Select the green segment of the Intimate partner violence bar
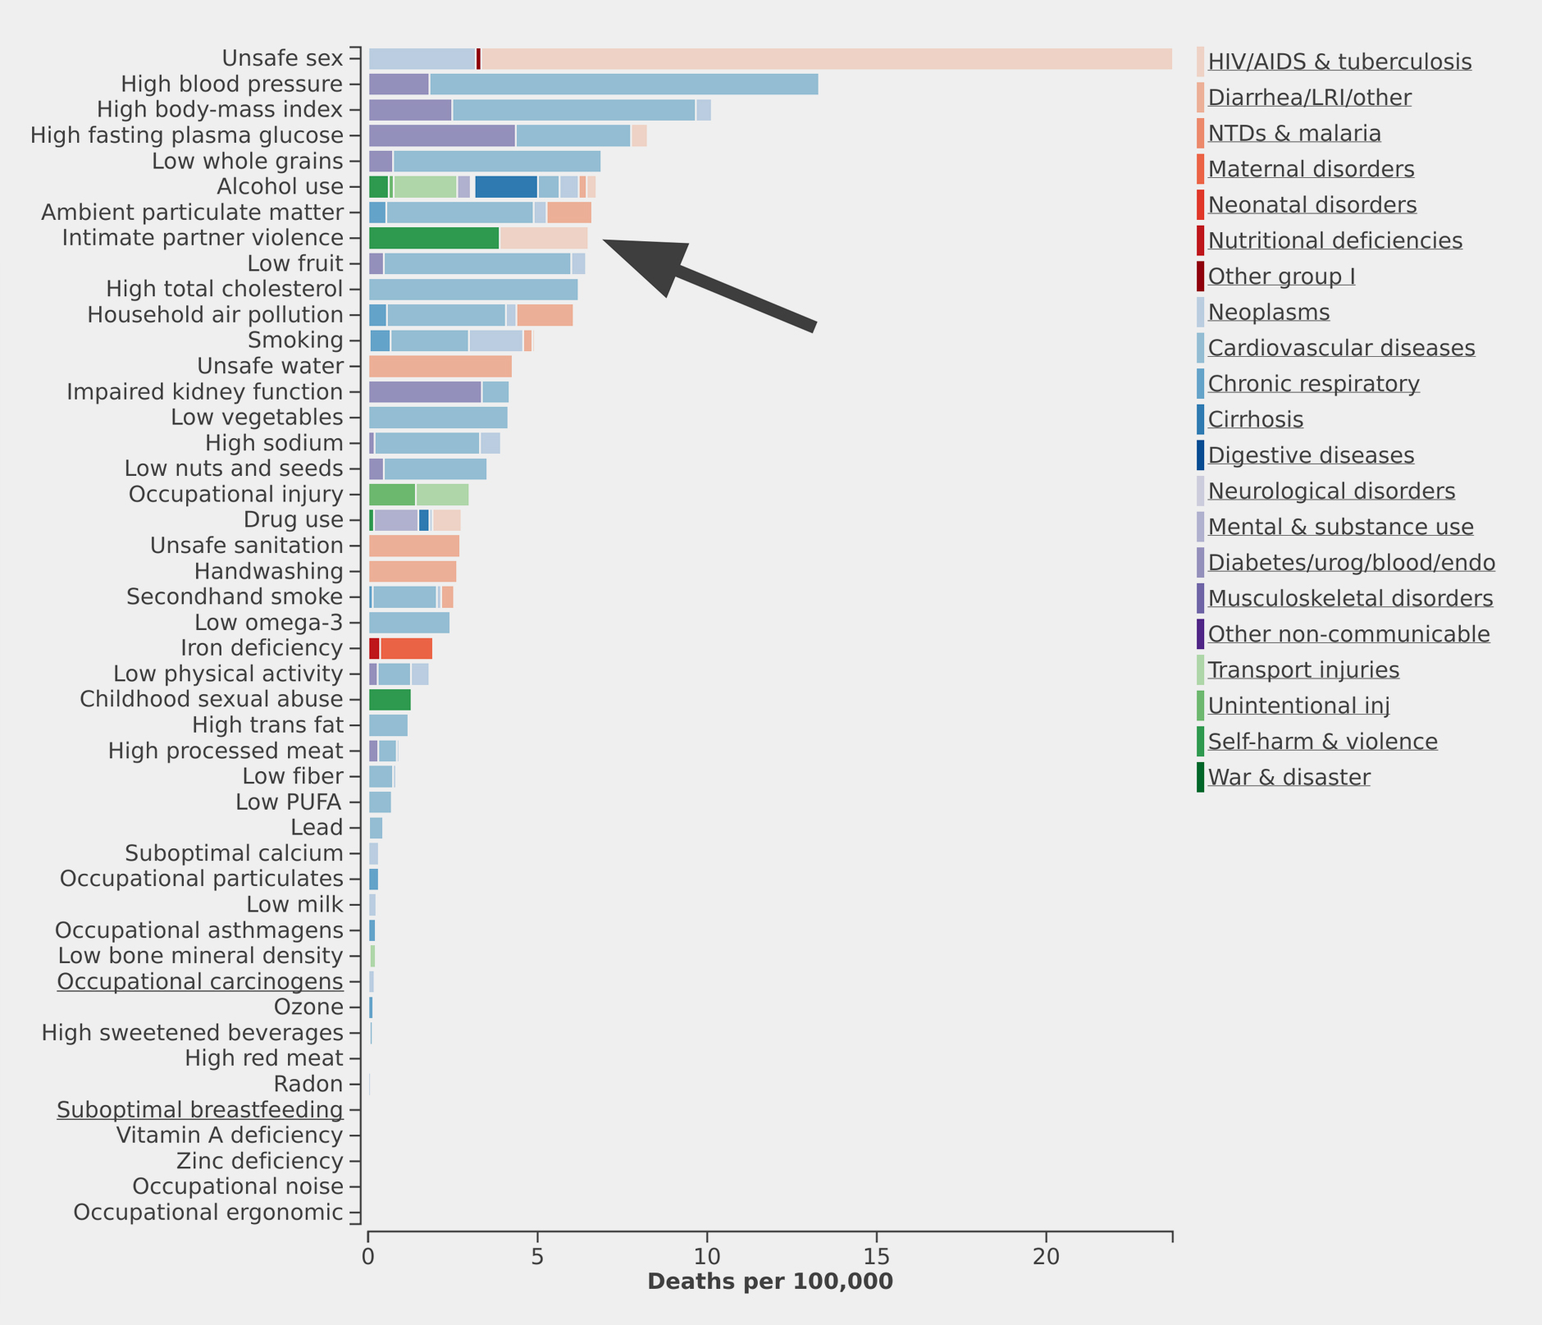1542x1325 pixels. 434,238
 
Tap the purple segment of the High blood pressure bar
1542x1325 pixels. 399,84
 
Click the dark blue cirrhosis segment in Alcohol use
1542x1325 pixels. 506,186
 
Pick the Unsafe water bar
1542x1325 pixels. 440,366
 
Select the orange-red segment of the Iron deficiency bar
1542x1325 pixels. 406,648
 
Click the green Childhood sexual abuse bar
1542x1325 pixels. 390,700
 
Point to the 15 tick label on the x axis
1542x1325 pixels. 876,1257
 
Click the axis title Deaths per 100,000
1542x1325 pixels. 769,1282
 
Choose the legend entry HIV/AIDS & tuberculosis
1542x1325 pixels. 1339,62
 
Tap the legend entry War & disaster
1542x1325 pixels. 1289,777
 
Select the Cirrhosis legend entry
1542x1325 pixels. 1255,419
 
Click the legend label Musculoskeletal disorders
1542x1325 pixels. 1350,598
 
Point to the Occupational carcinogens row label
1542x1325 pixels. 200,981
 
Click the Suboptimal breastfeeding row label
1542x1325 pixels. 200,1110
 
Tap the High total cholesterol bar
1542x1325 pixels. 473,289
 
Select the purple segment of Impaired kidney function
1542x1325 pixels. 425,392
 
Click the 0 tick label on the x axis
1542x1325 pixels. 367,1257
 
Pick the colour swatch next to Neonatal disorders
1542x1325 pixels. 1201,204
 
